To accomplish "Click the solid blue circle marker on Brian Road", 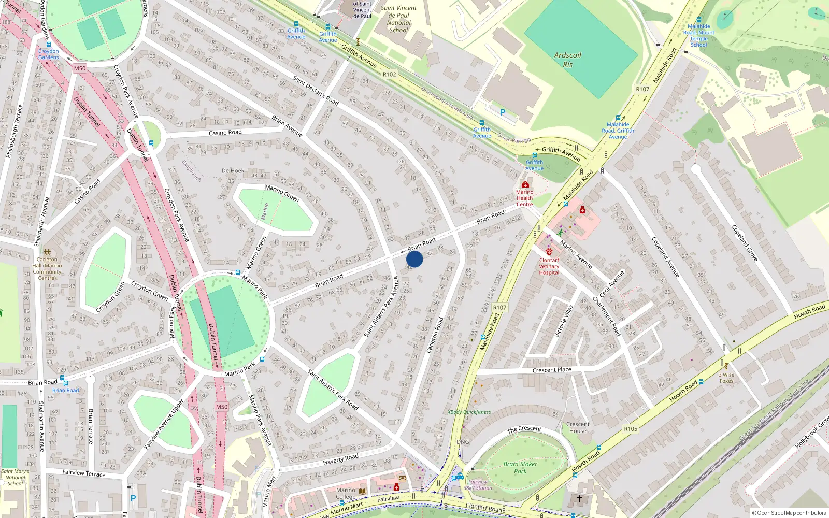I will pos(414,259).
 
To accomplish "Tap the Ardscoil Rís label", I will pos(568,60).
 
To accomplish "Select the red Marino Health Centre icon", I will pos(525,184).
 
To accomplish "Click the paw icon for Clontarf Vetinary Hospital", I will pos(549,252).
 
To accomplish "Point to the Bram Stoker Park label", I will pos(520,468).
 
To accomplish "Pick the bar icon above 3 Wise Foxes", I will pos(726,366).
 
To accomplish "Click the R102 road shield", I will pos(389,74).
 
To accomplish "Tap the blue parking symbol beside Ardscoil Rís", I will pos(502,112).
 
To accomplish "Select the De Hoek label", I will pos(233,170).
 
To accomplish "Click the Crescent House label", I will pos(578,427).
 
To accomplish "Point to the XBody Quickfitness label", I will pos(469,412).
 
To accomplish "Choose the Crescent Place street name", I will pos(552,370).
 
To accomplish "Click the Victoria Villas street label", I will pos(564,321).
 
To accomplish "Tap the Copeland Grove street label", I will pos(745,242).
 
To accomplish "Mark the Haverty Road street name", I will pos(340,459).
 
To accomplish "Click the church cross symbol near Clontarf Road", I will pos(579,498).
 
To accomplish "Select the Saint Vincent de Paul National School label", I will pos(398,19).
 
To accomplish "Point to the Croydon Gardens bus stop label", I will pos(48,54).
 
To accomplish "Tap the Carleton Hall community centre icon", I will pos(47,252).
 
